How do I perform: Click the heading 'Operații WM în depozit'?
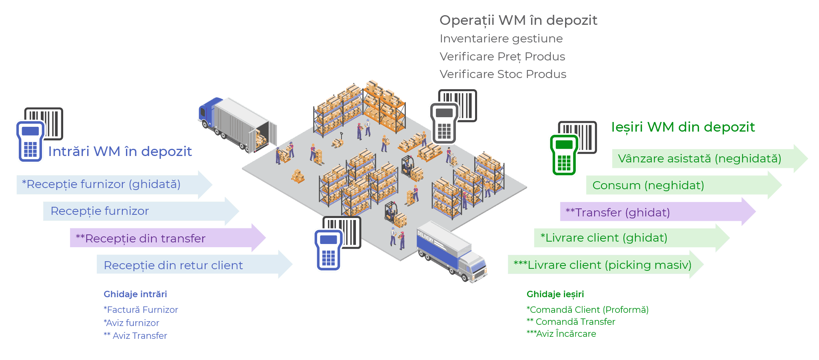tap(518, 20)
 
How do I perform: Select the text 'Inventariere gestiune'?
tap(501, 38)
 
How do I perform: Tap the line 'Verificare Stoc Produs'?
tap(503, 74)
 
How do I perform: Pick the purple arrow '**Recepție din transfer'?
tap(160, 238)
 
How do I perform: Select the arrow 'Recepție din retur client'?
tap(188, 265)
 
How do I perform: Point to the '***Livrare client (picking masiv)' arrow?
tap(600, 265)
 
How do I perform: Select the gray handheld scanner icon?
tap(444, 122)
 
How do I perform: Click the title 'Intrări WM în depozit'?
tap(120, 151)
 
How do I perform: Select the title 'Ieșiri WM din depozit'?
tap(683, 127)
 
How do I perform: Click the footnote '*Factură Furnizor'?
tap(141, 310)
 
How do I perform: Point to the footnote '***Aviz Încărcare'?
tap(561, 334)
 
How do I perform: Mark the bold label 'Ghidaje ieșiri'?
tap(555, 294)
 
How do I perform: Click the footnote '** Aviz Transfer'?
tap(135, 336)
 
